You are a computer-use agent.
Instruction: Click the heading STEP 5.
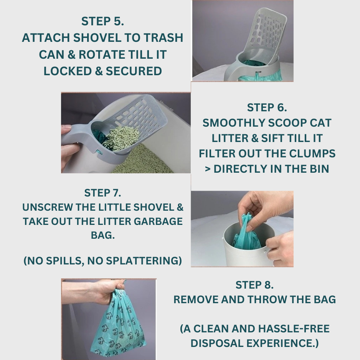(102, 21)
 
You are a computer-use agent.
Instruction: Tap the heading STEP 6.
(267, 107)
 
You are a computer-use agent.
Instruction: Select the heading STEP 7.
(102, 193)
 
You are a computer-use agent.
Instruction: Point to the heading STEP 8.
(254, 285)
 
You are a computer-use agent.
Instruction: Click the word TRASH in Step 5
(163, 38)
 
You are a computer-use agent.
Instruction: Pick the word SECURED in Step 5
(134, 71)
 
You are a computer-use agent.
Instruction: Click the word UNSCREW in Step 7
(48, 207)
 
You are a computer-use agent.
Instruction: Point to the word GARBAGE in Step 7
(158, 221)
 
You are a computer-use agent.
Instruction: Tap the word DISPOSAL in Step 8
(217, 343)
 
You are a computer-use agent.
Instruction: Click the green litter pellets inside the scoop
(121, 138)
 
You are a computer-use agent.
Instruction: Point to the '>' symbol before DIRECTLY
(208, 169)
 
